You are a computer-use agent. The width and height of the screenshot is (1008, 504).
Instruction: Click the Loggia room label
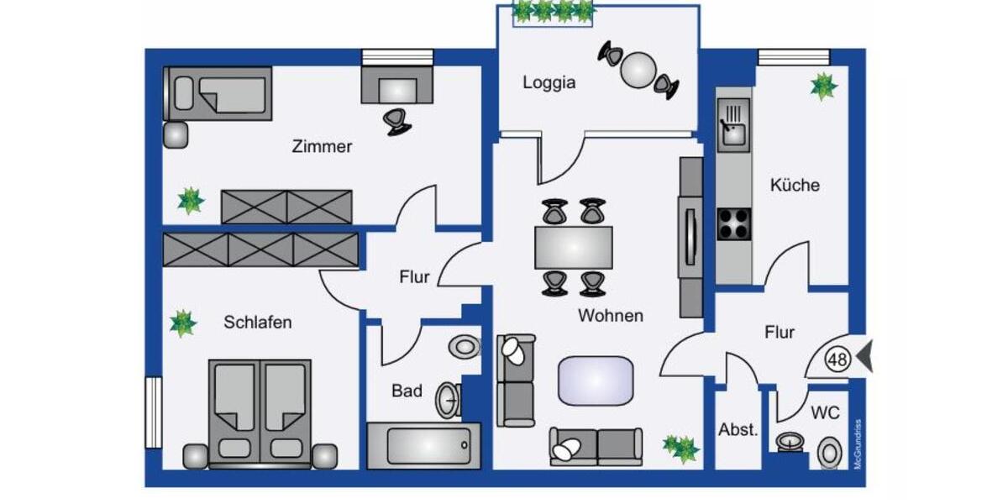click(549, 82)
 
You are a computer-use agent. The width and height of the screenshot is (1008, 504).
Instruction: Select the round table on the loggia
click(638, 70)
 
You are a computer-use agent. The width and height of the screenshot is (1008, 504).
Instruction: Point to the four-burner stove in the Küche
click(733, 224)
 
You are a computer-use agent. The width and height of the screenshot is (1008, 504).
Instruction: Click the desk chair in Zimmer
click(397, 121)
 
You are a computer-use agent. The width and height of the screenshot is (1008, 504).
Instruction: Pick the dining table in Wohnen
click(573, 247)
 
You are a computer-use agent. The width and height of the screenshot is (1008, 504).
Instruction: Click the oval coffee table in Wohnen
click(596, 380)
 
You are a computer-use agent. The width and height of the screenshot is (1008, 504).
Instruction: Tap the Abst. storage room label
click(738, 429)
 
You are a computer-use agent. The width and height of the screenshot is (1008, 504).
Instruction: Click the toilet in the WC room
click(829, 454)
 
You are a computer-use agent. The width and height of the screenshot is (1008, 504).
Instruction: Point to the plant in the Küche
click(823, 86)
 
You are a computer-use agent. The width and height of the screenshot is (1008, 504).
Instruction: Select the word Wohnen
click(610, 316)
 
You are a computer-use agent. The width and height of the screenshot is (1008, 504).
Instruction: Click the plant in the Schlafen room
click(182, 323)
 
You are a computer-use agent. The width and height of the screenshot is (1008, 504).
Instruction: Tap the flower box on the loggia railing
click(554, 11)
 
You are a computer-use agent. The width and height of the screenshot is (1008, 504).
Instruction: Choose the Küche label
click(794, 185)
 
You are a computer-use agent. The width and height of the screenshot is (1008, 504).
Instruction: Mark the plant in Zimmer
click(191, 200)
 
